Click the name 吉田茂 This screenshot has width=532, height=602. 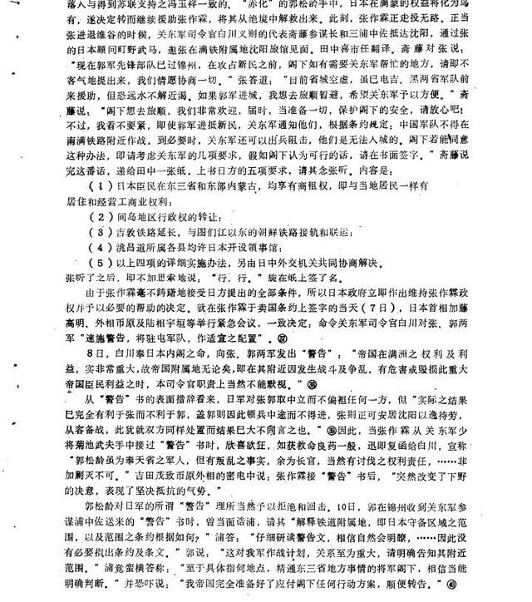pyautogui.click(x=173, y=476)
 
